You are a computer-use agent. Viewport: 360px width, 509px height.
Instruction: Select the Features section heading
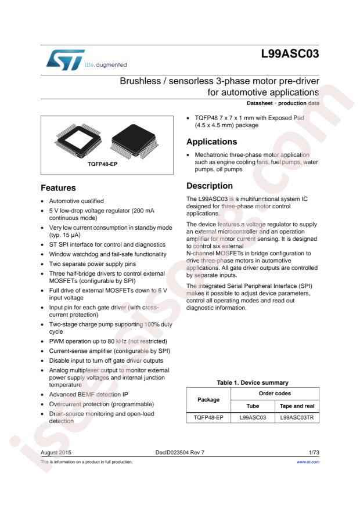pos(58,188)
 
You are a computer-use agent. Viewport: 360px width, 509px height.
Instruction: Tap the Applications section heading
pos(211,142)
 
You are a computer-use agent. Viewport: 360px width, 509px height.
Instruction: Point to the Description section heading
pos(209,186)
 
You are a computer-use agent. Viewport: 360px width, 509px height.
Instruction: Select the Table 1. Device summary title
pos(253,382)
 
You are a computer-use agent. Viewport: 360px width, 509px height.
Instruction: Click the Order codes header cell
pos(275,394)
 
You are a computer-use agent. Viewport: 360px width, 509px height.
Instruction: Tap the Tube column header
pos(252,406)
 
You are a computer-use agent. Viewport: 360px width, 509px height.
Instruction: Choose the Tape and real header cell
pos(297,406)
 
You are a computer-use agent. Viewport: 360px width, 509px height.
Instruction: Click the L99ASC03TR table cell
pos(297,417)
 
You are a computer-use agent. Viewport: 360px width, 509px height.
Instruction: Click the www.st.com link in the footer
pos(308,462)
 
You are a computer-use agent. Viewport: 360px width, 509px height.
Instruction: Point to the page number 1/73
pos(312,451)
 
